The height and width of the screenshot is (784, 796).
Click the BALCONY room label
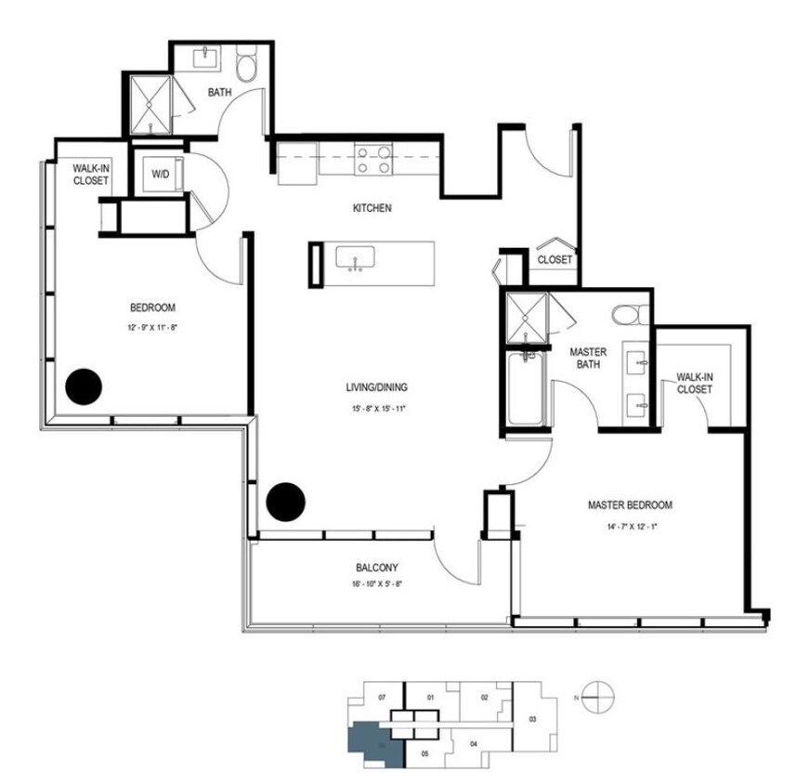tap(377, 568)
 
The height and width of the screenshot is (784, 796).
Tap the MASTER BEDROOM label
tap(630, 505)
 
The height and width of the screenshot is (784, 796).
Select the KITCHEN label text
tap(372, 208)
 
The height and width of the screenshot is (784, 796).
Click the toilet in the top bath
tap(248, 67)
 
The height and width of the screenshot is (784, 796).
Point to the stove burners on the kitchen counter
tap(372, 158)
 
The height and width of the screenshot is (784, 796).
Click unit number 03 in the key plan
tap(532, 719)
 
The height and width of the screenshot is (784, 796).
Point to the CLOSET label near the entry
tap(555, 260)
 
